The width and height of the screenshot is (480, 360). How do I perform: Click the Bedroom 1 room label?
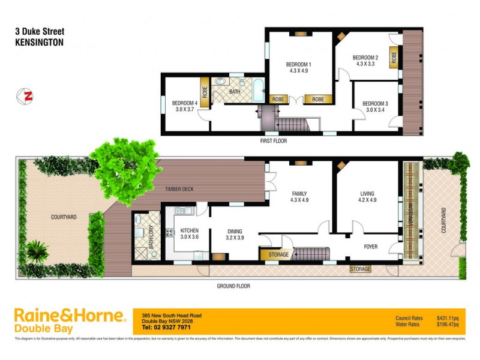[298, 67]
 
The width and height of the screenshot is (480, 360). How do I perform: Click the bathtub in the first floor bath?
[257, 91]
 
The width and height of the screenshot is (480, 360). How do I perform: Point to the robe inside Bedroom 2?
[394, 58]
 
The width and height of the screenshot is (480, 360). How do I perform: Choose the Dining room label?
[234, 234]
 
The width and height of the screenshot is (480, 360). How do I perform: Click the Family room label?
[299, 197]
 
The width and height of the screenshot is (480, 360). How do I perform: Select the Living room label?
[367, 197]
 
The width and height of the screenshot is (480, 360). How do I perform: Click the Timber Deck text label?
[179, 190]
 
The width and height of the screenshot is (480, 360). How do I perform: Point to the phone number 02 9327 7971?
[167, 327]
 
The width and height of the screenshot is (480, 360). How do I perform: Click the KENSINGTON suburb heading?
[38, 43]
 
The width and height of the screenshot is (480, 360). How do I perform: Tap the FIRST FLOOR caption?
[273, 141]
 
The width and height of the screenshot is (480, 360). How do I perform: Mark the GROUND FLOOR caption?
[233, 286]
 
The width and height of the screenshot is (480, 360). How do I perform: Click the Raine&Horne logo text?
[69, 316]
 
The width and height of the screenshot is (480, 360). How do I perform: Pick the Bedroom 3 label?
[375, 106]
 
